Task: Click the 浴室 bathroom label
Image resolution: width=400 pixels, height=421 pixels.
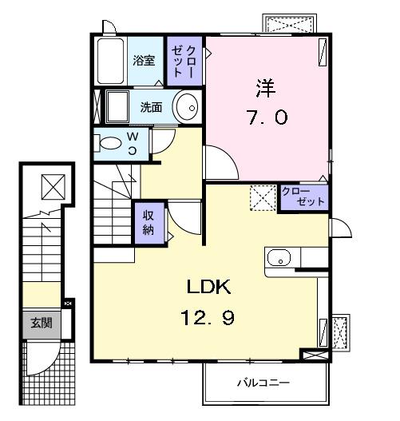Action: (144, 60)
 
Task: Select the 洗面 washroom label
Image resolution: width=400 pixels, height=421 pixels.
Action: (151, 107)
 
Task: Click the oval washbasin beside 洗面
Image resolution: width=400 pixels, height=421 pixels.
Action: (188, 106)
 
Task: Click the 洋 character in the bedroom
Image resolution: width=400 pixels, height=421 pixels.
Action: (266, 85)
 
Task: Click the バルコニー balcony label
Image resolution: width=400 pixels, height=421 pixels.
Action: (263, 383)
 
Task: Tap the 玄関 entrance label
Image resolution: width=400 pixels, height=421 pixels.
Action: (41, 324)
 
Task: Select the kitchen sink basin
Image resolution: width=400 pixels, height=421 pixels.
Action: (279, 258)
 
